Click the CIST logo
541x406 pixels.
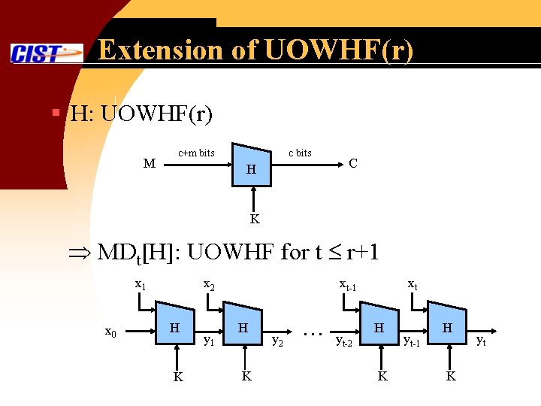[x=47, y=53]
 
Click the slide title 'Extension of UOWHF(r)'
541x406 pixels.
[x=255, y=50]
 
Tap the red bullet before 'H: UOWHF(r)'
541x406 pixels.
[x=56, y=114]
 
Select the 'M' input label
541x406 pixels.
[x=150, y=164]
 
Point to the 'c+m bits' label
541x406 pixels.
[x=196, y=153]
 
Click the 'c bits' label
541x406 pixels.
[x=300, y=153]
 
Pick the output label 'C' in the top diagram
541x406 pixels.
[x=352, y=163]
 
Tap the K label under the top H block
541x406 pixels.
[x=255, y=220]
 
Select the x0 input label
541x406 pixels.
[x=110, y=332]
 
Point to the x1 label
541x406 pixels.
[x=141, y=285]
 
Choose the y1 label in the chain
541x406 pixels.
[x=211, y=340]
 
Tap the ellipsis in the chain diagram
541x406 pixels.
[x=312, y=332]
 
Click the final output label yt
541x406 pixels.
[x=481, y=341]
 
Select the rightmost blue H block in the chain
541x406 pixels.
[x=447, y=326]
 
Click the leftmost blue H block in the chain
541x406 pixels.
[x=174, y=326]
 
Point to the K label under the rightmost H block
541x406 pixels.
[x=451, y=376]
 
